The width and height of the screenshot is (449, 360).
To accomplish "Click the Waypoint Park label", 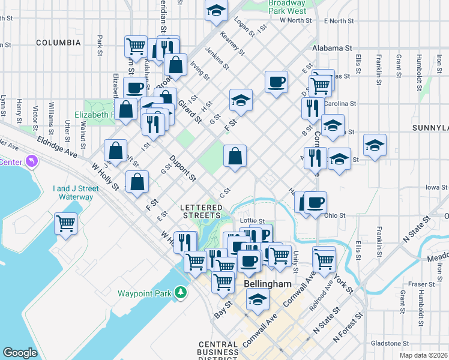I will pyautogui.click(x=145, y=293).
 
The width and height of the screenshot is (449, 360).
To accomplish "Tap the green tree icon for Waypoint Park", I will pyautogui.click(x=180, y=293).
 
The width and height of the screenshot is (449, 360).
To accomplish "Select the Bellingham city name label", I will pyautogui.click(x=268, y=284).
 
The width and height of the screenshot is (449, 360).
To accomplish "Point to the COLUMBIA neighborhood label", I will pyautogui.click(x=58, y=43).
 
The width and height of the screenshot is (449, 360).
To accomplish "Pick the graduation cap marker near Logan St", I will pyautogui.click(x=215, y=11).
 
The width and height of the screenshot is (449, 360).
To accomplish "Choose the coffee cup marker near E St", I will pyautogui.click(x=276, y=82).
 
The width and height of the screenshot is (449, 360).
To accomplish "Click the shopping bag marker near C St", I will pyautogui.click(x=235, y=157).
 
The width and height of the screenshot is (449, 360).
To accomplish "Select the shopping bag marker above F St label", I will pyautogui.click(x=137, y=182).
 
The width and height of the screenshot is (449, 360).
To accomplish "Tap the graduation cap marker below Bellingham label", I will pyautogui.click(x=258, y=299).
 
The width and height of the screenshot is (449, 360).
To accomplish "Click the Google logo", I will pyautogui.click(x=20, y=353).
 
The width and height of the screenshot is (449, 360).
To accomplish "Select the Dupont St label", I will pyautogui.click(x=182, y=167).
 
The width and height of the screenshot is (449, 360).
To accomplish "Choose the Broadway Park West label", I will pyautogui.click(x=287, y=7).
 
